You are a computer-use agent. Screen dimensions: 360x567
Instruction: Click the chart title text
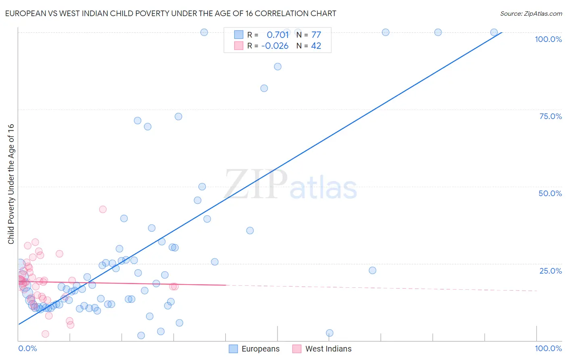tap(171, 14)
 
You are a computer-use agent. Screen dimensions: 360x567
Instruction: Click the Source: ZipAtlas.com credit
tap(531, 14)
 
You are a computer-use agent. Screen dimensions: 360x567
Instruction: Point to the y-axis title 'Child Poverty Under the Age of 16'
tap(11, 184)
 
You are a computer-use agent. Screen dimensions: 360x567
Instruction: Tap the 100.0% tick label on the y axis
tap(548, 39)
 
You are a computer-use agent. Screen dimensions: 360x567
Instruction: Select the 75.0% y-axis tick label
tap(550, 116)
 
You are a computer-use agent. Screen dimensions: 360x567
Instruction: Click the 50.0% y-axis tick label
tap(550, 193)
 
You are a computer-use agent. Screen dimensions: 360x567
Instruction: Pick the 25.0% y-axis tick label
tap(550, 271)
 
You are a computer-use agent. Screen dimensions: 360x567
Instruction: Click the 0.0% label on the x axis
tap(27, 348)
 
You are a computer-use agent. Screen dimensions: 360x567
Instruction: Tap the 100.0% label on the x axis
tap(548, 348)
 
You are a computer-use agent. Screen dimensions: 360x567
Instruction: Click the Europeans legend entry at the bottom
tap(254, 349)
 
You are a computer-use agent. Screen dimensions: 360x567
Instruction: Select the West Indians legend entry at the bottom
tap(322, 349)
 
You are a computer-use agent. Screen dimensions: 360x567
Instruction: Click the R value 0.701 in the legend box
tap(278, 35)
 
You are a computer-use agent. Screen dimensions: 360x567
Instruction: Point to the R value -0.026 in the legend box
tap(275, 46)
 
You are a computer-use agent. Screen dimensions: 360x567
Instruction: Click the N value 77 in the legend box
tap(316, 35)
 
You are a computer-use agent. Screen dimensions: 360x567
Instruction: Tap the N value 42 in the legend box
tap(316, 46)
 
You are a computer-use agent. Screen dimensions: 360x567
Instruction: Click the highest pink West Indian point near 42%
tap(103, 209)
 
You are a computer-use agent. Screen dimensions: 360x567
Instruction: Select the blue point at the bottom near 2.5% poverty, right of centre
tap(329, 333)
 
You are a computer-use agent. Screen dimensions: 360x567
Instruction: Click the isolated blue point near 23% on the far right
tap(373, 270)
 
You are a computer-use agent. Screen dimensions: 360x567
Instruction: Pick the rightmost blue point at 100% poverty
tap(494, 32)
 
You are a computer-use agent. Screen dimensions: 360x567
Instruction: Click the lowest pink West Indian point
tap(46, 334)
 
